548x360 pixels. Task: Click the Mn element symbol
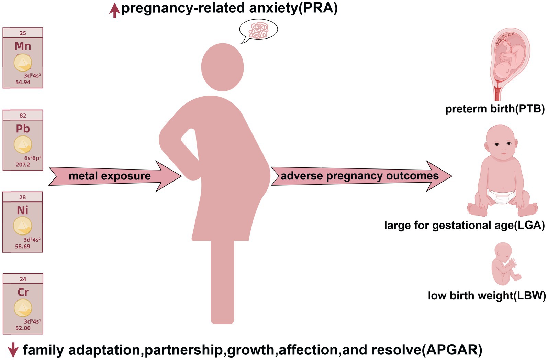[x=23, y=46]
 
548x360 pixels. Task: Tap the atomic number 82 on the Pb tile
[x=23, y=116]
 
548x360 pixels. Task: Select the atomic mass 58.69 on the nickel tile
[x=23, y=246]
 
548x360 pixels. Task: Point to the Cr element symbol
[x=23, y=292]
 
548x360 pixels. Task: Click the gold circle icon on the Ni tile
[x=23, y=226]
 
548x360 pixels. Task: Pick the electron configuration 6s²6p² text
[x=33, y=158]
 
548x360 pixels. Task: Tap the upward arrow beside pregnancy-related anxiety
[x=114, y=11]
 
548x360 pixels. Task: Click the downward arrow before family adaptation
[x=13, y=350]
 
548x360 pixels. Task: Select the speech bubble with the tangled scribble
[x=258, y=30]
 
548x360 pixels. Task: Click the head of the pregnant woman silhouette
[x=223, y=67]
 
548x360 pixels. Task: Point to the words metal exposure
[x=110, y=176]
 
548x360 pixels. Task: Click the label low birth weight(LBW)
[x=486, y=296]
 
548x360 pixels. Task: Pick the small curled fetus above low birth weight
[x=504, y=264]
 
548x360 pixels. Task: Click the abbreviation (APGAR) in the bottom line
[x=452, y=350]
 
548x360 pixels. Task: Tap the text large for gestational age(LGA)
[x=464, y=226]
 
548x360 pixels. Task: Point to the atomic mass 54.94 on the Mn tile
[x=23, y=82]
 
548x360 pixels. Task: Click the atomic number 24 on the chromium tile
[x=23, y=279]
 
